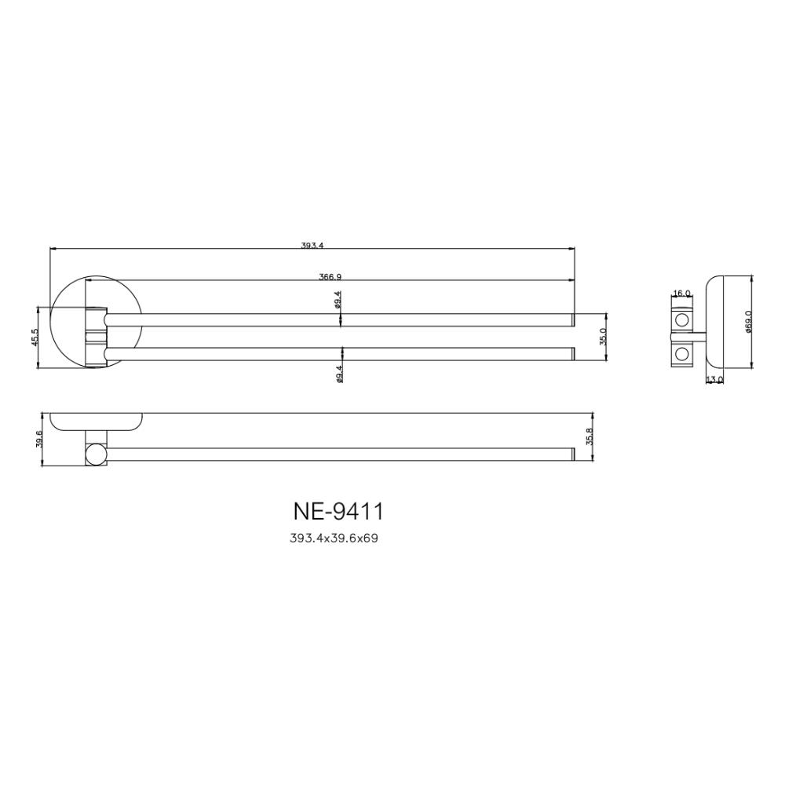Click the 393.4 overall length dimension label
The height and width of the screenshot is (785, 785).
(x=312, y=245)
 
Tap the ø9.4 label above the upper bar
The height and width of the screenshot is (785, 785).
(x=338, y=299)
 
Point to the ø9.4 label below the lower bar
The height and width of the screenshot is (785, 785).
(x=338, y=374)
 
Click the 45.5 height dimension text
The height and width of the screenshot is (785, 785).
(x=35, y=337)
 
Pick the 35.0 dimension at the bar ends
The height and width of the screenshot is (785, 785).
(x=603, y=337)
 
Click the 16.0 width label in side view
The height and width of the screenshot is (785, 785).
(x=681, y=294)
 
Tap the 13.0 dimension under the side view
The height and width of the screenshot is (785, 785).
(x=714, y=380)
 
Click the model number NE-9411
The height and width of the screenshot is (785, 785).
(x=338, y=512)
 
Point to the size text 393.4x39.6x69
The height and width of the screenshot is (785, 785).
(x=334, y=539)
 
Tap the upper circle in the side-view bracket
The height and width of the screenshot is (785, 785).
(x=681, y=320)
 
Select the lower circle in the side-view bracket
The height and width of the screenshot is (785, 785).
(x=681, y=353)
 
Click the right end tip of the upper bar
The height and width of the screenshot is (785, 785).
(x=573, y=319)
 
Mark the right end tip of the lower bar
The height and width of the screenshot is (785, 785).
(x=573, y=353)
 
